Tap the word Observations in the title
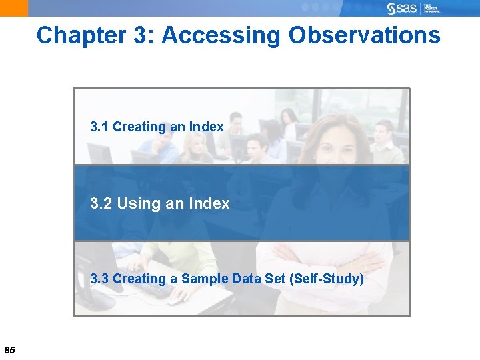[365, 35]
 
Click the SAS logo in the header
[401, 8]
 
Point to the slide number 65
[9, 351]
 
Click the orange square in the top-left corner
[14, 8]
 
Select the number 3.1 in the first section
[99, 127]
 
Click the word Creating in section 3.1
[139, 127]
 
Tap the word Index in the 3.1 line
[206, 127]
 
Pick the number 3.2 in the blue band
[101, 203]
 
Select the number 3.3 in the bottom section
[99, 279]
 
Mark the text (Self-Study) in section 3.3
[327, 279]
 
